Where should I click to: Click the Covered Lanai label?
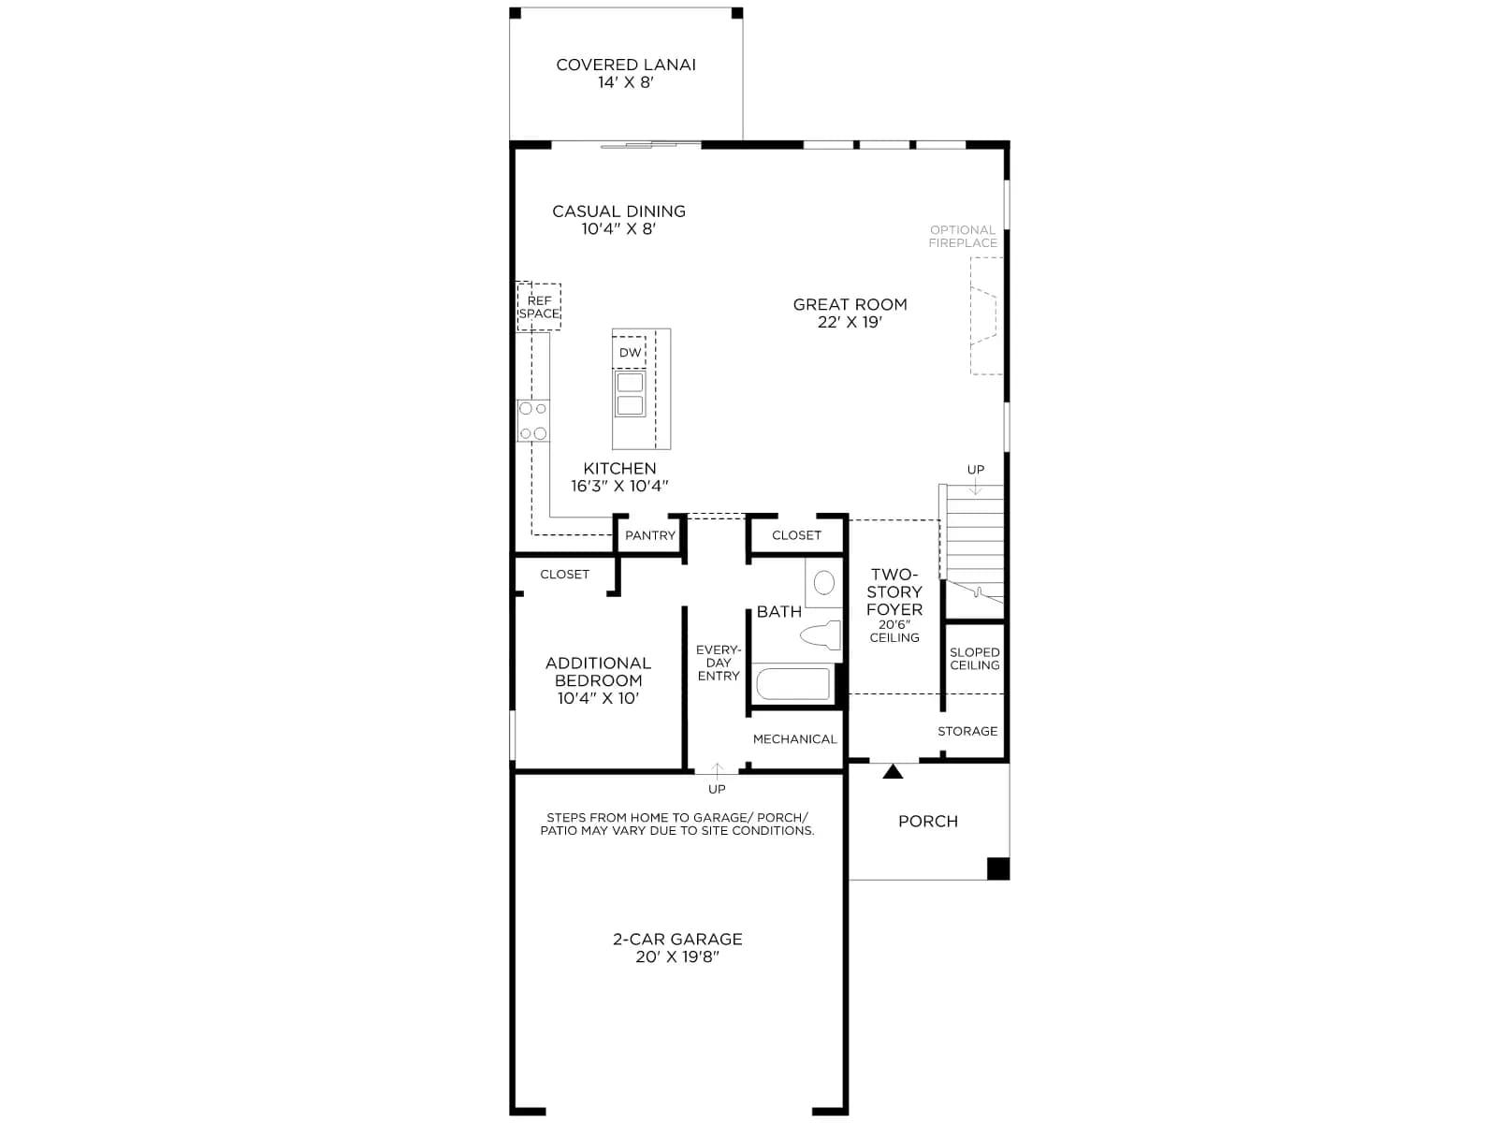click(x=625, y=65)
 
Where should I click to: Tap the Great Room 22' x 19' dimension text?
click(x=850, y=322)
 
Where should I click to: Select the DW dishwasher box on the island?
click(x=630, y=352)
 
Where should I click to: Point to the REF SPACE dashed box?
click(x=539, y=307)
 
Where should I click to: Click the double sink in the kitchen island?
click(x=630, y=393)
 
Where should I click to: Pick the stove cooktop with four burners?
click(x=532, y=421)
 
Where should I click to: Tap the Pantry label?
click(x=650, y=535)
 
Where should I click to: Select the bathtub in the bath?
click(x=793, y=683)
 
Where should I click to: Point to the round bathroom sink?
click(x=824, y=583)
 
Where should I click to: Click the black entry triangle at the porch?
click(x=893, y=771)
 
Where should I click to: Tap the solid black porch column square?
click(x=997, y=868)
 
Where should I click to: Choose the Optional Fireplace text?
click(x=963, y=236)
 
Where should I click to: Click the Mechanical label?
click(x=794, y=739)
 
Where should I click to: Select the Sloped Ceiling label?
click(x=975, y=659)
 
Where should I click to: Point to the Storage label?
click(x=967, y=731)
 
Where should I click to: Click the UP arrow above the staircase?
click(x=975, y=486)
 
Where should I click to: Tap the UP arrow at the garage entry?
click(x=717, y=770)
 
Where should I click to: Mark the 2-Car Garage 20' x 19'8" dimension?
click(x=677, y=956)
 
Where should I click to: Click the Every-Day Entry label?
click(x=719, y=663)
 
